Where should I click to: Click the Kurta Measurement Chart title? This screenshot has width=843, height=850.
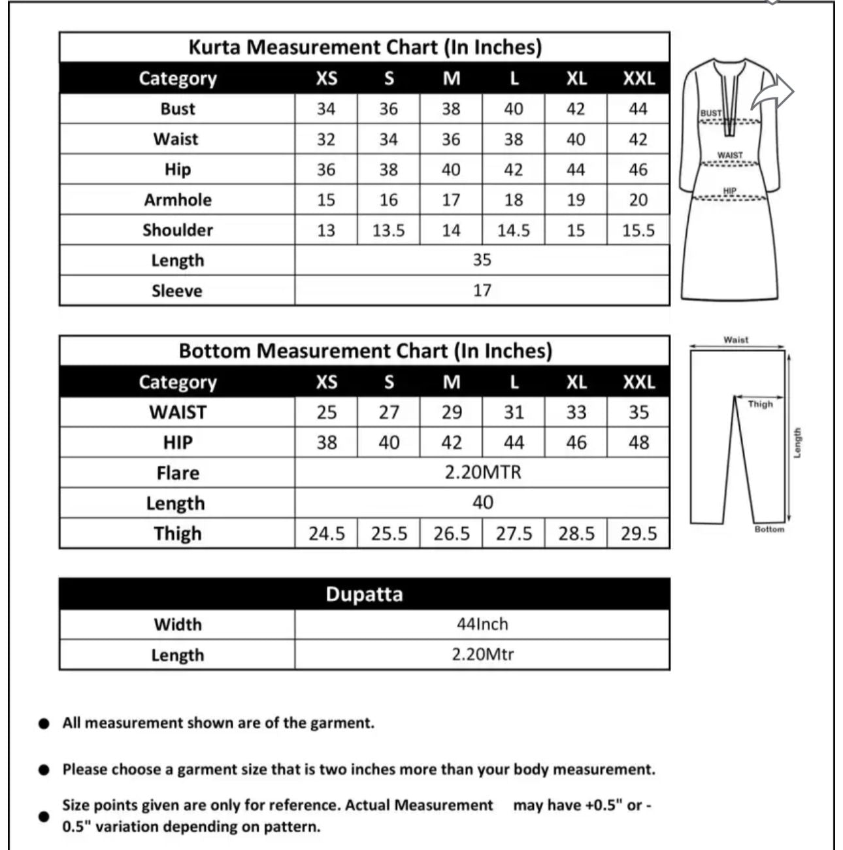365,47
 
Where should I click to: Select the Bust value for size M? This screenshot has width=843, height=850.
451,108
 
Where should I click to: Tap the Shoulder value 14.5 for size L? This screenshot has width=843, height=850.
513,231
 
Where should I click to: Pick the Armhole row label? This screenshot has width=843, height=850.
178,200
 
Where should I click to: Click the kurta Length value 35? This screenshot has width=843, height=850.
482,260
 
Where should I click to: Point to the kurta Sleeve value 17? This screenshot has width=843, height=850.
482,290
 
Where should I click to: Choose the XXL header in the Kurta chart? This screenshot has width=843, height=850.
638,78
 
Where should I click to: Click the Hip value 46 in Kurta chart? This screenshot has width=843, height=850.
638,170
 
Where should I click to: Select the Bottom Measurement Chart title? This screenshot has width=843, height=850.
365,351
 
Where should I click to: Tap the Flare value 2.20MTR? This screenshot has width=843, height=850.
482,472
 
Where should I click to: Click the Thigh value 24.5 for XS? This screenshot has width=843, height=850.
326,534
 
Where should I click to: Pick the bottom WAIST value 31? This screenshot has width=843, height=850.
514,412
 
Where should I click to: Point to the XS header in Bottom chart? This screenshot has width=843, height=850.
326,382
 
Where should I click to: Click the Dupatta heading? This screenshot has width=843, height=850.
364,595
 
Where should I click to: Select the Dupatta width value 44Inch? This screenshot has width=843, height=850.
482,624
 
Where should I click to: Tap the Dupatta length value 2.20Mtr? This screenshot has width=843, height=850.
482,654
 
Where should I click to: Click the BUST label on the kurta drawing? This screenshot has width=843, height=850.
710,113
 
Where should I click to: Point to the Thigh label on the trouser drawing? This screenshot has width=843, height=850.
760,404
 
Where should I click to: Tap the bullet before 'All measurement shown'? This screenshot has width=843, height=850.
44,724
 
